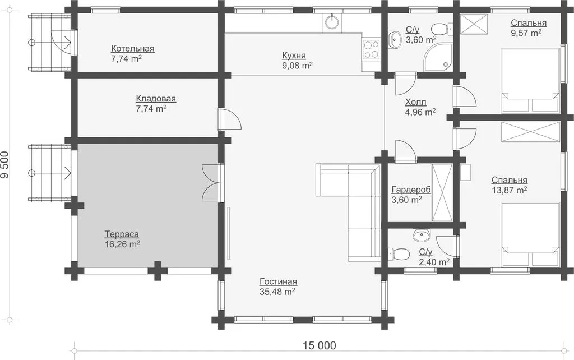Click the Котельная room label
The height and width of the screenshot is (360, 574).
coord(132,49)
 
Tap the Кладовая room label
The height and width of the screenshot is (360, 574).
coord(156,99)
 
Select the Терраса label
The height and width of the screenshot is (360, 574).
coord(122,234)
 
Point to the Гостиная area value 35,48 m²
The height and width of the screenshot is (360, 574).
coord(277,292)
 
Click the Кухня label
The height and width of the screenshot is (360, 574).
coord(294,56)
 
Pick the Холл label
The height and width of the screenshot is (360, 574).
coord(415,102)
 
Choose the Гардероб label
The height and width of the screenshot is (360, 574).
coord(411,190)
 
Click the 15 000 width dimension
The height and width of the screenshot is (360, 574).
coord(319,345)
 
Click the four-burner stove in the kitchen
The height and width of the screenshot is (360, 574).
coord(371,49)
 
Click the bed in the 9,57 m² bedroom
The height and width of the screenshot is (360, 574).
coord(530,81)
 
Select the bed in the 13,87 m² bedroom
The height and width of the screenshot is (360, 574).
coord(530,235)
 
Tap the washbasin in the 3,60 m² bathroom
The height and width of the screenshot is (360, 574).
coord(395,38)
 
